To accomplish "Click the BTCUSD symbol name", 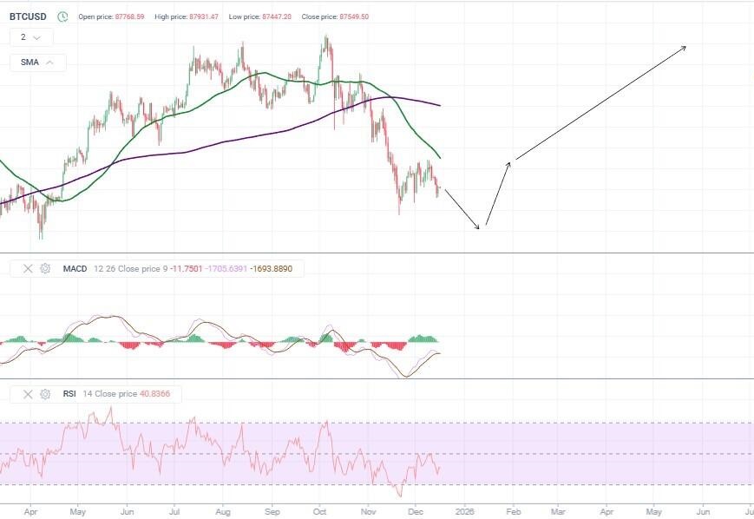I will tap(28, 16).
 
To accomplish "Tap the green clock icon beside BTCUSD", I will tap(62, 16).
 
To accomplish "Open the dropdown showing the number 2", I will tap(31, 37).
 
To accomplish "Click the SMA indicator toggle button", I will tap(37, 62).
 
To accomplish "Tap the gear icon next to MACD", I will tap(45, 269).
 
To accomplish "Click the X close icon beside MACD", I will tap(26, 269).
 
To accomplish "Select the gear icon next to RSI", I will tap(45, 394).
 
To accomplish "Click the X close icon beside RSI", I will tap(26, 394).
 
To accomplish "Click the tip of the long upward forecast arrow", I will tap(686, 46).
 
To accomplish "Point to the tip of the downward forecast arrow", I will tap(479, 229).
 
